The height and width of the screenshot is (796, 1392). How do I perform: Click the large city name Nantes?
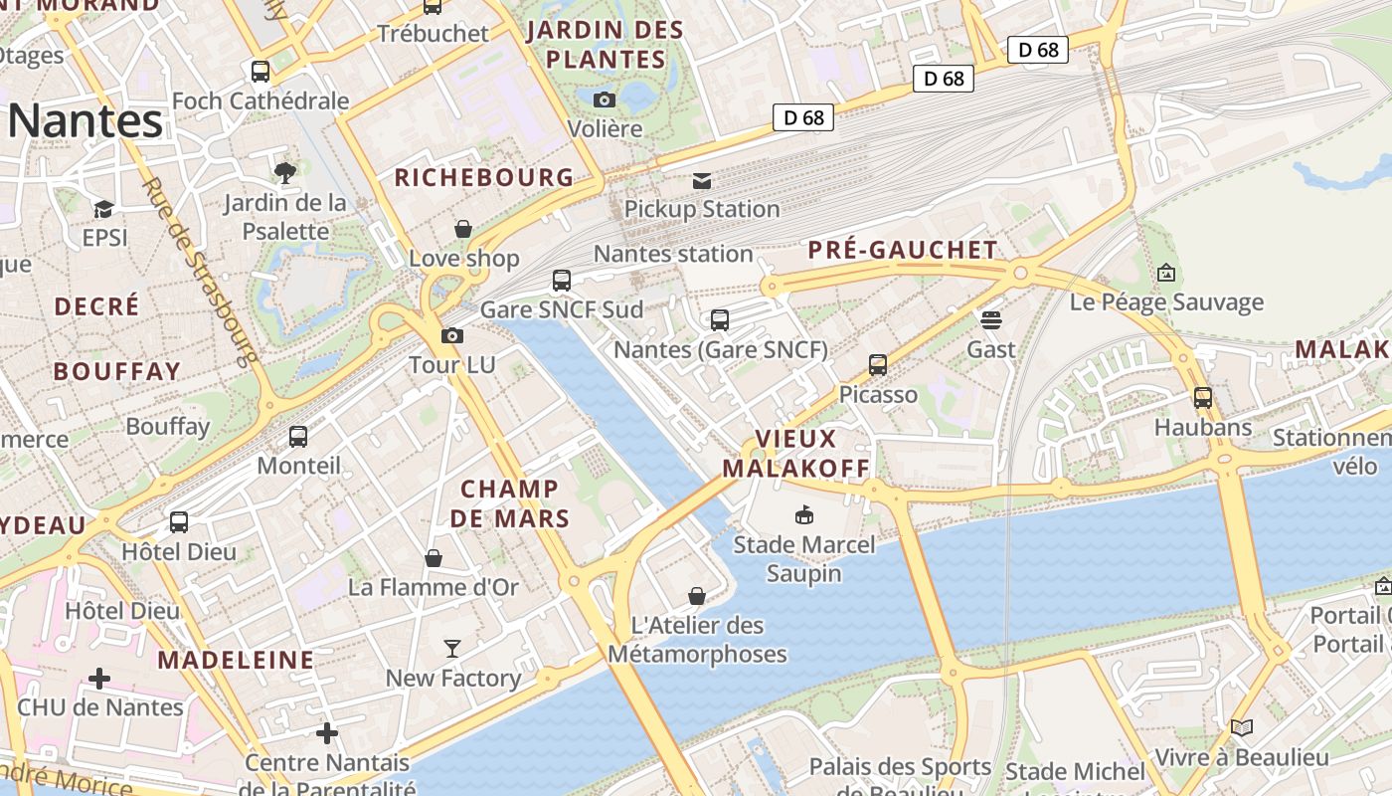pos(86,120)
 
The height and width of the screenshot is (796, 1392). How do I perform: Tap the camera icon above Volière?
pos(604,99)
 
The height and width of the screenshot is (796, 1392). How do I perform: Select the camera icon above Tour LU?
pos(452,335)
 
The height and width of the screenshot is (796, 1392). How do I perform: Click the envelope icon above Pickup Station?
pos(702,180)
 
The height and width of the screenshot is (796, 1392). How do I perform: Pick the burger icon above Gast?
pos(990,319)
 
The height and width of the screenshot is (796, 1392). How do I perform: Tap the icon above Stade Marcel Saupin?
pos(803,514)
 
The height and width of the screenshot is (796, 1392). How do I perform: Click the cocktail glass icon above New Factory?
pos(452,649)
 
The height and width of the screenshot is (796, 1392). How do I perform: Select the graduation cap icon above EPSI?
pos(103,209)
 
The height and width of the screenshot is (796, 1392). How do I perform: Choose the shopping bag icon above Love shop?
pos(463,229)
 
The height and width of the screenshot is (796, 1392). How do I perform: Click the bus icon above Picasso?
pos(877,365)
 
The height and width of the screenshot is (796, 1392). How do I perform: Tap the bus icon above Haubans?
pos(1202,398)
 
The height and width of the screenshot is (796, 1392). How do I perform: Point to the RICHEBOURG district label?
pos(484,178)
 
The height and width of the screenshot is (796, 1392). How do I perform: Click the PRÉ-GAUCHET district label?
pos(902,250)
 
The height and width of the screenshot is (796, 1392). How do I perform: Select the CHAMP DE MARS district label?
pos(510,503)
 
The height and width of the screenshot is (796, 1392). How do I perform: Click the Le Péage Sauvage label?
pos(1166,302)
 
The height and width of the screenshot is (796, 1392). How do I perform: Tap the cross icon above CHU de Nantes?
pos(99,679)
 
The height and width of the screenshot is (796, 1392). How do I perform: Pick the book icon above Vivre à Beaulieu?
pos(1241,727)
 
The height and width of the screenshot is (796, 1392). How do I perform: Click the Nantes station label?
pos(673,254)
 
